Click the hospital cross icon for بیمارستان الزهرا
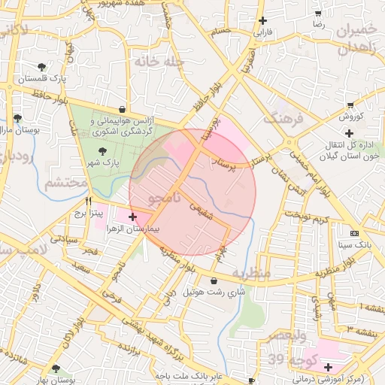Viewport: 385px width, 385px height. click(x=133, y=217)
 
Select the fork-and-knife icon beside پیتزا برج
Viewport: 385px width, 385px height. click(x=89, y=202)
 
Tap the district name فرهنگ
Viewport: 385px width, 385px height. click(x=283, y=118)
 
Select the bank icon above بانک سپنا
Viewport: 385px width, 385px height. click(x=355, y=234)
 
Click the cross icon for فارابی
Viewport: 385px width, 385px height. click(x=262, y=21)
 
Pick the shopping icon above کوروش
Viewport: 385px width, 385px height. click(x=350, y=105)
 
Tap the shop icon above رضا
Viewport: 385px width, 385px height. click(x=319, y=14)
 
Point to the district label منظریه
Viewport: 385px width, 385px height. click(x=250, y=274)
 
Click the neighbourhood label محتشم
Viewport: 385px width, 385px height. click(x=64, y=184)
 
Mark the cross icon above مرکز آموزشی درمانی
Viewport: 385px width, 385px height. click(x=328, y=366)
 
